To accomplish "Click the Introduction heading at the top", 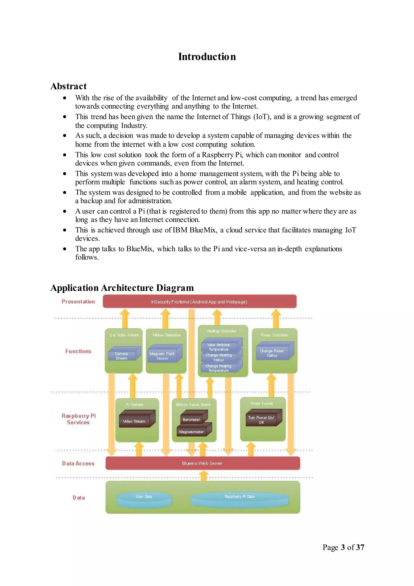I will [x=207, y=57].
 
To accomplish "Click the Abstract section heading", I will [x=68, y=86].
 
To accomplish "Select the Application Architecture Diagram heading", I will [x=122, y=288].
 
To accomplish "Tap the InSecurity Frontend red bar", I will [x=199, y=302].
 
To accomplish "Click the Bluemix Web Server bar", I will [x=202, y=463].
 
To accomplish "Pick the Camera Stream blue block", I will [x=122, y=356].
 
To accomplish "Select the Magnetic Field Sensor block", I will [x=162, y=356].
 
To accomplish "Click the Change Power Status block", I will [x=272, y=353].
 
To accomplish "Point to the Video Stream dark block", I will [x=134, y=421].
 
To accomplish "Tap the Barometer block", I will [x=192, y=419].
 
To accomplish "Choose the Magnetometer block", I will [x=192, y=432].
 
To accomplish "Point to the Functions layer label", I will [x=78, y=351].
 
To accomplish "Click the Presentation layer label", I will [x=78, y=302].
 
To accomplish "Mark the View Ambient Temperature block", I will [x=219, y=347].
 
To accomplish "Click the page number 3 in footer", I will [x=343, y=547].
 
